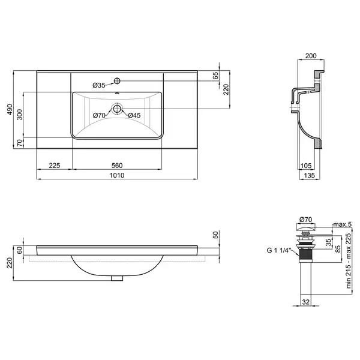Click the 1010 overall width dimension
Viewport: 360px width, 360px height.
pos(117,175)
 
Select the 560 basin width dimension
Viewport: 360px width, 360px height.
pos(117,166)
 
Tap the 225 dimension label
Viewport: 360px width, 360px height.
pos(55,166)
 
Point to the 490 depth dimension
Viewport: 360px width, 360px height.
pos(10,110)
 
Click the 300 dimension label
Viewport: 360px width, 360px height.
pos(20,115)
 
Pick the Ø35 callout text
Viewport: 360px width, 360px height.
pos(99,85)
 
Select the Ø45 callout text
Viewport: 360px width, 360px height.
pos(134,115)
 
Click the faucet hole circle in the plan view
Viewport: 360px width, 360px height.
pos(117,80)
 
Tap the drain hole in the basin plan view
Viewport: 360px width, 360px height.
pos(117,108)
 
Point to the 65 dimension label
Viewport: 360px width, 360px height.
pos(216,76)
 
